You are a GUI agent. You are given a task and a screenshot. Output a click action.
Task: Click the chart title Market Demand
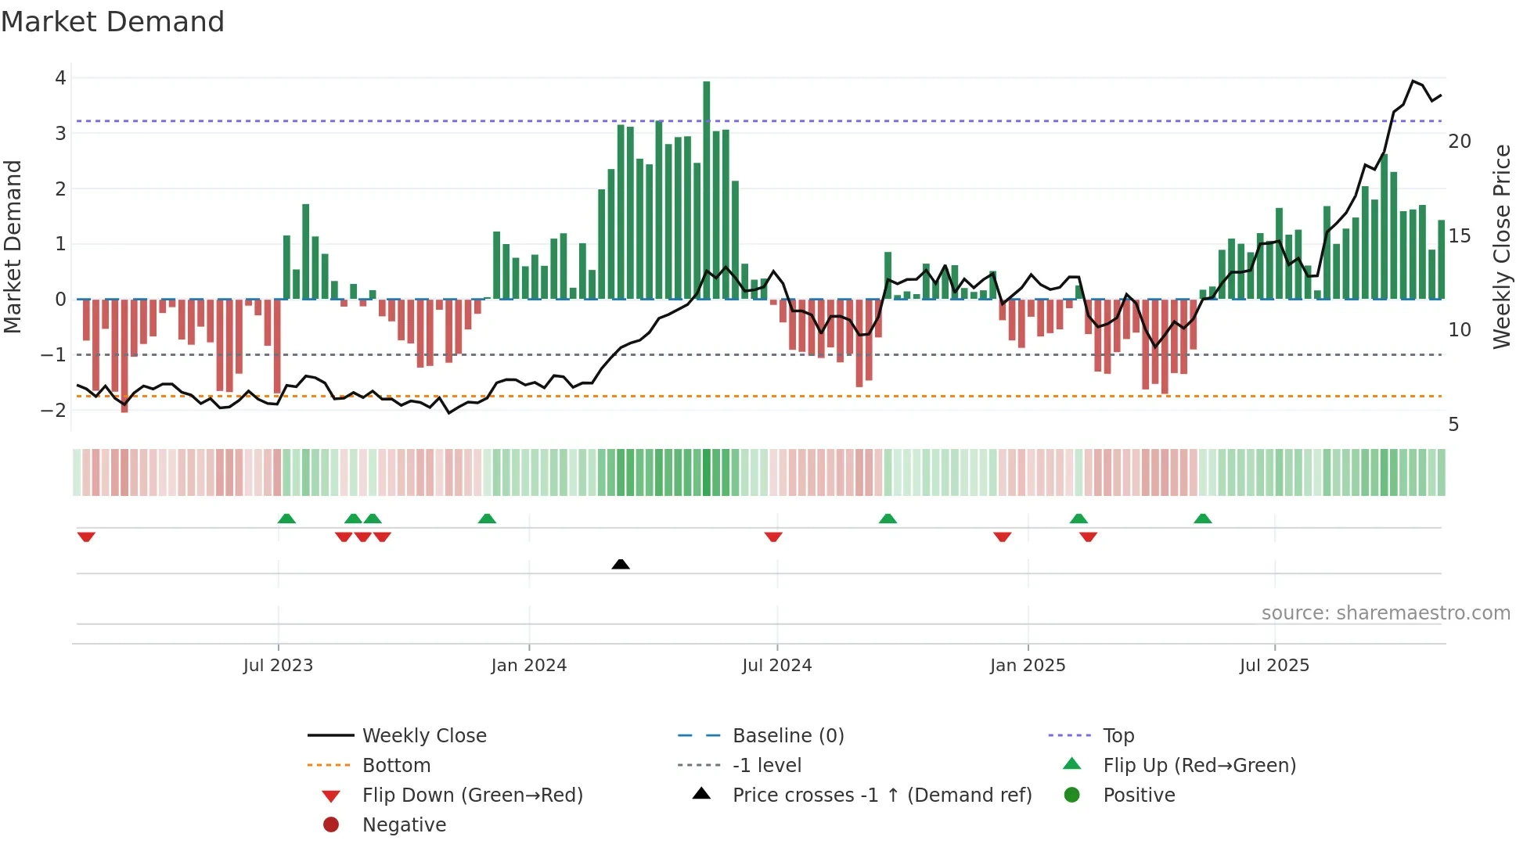[x=113, y=22]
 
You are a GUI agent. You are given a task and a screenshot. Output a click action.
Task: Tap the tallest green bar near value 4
[x=706, y=188]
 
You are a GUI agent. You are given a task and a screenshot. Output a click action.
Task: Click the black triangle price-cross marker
[x=621, y=564]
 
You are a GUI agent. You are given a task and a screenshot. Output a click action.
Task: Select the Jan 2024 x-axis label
[x=528, y=666]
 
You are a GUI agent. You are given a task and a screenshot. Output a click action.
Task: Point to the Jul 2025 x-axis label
[x=1274, y=666]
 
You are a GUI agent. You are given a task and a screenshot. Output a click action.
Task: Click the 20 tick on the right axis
[x=1459, y=142]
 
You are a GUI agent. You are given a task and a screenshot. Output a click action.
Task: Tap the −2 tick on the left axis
[x=54, y=410]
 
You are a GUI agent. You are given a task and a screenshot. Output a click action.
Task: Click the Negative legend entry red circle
[x=331, y=825]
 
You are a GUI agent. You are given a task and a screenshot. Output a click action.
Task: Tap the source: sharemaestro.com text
[x=1385, y=613]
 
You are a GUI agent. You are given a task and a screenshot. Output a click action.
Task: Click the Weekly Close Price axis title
[x=1501, y=246]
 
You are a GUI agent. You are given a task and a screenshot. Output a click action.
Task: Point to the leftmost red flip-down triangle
[x=86, y=537]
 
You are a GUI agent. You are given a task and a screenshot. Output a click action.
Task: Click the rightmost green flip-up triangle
[x=1203, y=519]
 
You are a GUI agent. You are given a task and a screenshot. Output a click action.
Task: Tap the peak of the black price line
[x=1413, y=81]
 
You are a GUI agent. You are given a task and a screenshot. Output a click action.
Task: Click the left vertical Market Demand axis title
[x=13, y=246]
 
